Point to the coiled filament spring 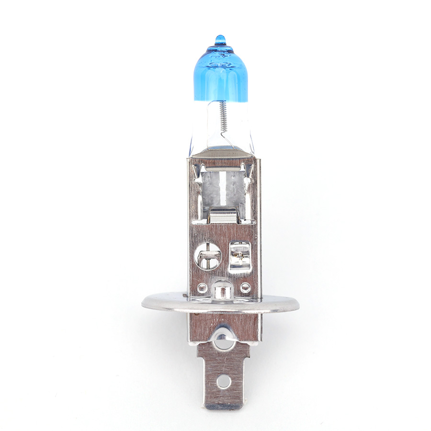[x=223, y=117]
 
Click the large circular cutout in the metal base [x=208, y=256]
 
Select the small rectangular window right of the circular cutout [x=239, y=256]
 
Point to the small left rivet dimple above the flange [x=202, y=288]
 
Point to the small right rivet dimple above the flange [x=245, y=287]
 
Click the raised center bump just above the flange [x=223, y=288]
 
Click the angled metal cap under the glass [x=221, y=153]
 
